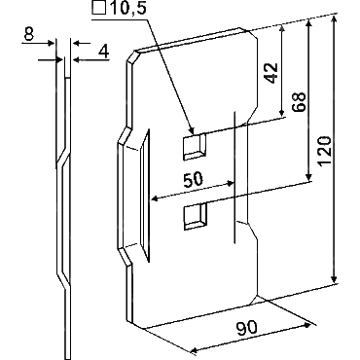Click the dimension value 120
pos(325,152)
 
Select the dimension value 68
pos(299,102)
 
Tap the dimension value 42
pos(271,72)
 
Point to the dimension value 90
pos(247,328)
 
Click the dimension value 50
pos(193,180)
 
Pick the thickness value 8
pos(29,34)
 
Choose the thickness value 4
pos(103,52)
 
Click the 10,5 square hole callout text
pos(127,8)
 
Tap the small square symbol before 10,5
pos(99,8)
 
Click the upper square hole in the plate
pos(195,147)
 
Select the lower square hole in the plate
pos(195,216)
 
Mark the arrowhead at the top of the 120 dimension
pos(334,20)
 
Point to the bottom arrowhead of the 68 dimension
pos(309,176)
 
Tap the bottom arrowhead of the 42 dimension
pos(282,112)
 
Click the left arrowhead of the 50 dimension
pos(156,198)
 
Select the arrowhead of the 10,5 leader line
pos(192,130)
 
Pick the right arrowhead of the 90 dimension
pos(307,326)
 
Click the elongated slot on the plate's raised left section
pos(145,196)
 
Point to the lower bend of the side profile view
pos(64,279)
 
